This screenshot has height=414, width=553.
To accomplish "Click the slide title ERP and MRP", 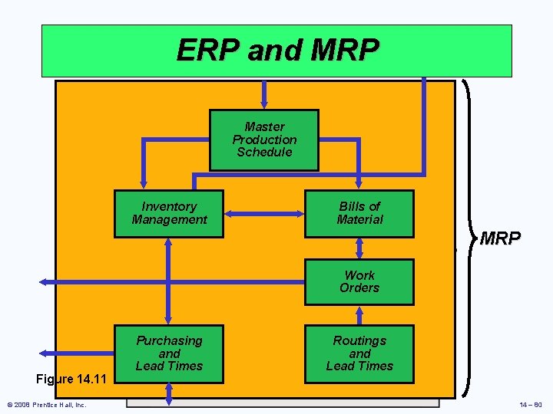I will click(277, 51).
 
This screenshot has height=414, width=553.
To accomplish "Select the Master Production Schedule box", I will click(264, 140).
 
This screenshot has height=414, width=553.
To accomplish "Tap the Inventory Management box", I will click(169, 213).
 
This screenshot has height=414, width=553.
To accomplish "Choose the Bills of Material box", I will click(359, 213).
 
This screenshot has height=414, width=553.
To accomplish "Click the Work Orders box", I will click(359, 281).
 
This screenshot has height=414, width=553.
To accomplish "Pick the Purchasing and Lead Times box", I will click(169, 353).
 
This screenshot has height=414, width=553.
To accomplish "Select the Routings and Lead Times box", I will click(359, 353).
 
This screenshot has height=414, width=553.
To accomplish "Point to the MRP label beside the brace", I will click(500, 238).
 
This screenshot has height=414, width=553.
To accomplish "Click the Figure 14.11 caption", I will click(75, 379).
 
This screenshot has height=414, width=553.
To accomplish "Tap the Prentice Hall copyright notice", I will click(46, 405).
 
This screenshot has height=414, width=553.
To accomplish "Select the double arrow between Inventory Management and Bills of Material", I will click(264, 214).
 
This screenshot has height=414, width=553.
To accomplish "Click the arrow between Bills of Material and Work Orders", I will click(359, 248).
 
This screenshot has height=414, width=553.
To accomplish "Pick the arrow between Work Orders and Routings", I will click(359, 315).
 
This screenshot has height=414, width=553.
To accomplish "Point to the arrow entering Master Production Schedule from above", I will click(264, 94).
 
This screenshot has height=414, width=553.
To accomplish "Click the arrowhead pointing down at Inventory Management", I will click(142, 181).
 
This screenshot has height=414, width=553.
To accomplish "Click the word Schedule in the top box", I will click(264, 152).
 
